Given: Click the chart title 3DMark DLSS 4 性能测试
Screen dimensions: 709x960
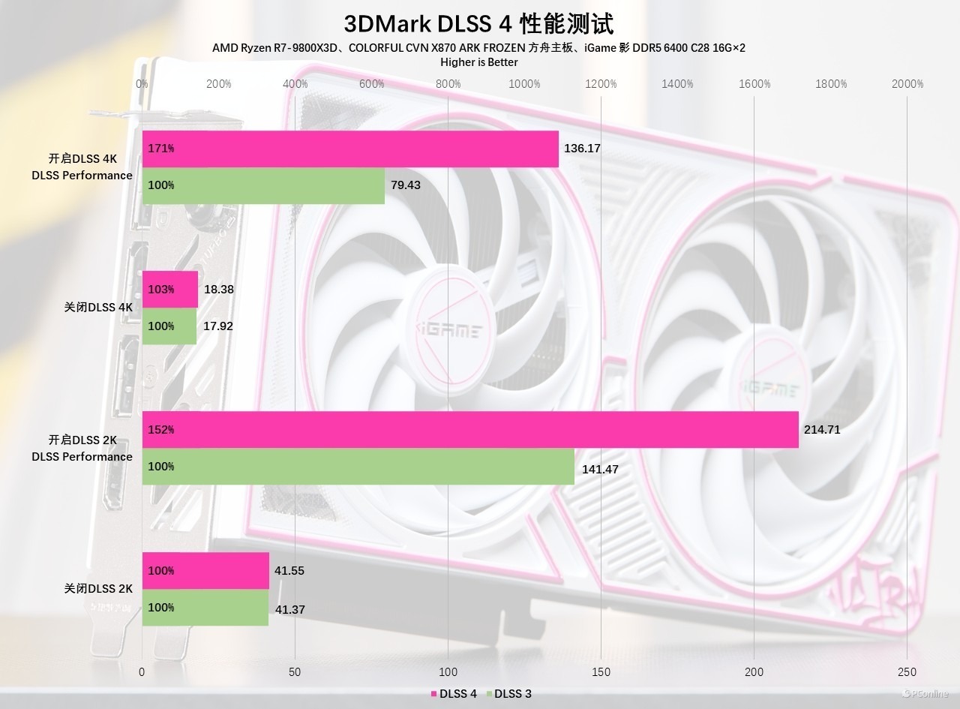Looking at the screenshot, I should click(478, 23).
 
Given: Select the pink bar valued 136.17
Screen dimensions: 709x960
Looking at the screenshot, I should click(350, 149).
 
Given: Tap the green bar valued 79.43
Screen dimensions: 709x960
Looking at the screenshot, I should click(263, 185).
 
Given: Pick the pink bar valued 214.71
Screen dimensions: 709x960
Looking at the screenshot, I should click(470, 430).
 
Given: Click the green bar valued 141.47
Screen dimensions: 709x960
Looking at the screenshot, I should click(358, 467).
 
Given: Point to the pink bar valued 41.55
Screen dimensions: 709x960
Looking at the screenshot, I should click(205, 571).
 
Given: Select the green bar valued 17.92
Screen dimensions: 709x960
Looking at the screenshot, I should click(169, 326).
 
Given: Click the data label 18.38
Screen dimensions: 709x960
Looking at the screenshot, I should click(218, 289).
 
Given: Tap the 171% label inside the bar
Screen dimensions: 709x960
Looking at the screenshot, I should click(161, 149).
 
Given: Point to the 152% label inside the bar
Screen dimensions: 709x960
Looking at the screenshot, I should click(161, 430).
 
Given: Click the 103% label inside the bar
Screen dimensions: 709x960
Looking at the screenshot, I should click(161, 290).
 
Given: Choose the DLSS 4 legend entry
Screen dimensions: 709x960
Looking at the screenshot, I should click(453, 694).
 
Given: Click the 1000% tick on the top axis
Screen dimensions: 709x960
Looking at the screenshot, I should click(524, 84).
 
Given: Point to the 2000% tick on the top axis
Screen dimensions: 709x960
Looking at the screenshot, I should click(907, 84).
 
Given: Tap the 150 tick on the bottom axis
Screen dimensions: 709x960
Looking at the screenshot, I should click(601, 671).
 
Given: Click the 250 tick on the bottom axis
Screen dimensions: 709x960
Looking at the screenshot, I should click(907, 671).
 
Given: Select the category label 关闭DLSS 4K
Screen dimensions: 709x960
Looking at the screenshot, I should click(98, 307).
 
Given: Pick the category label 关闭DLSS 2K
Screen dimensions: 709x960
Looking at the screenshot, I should click(98, 589).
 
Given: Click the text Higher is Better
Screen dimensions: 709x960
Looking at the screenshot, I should click(478, 62).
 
